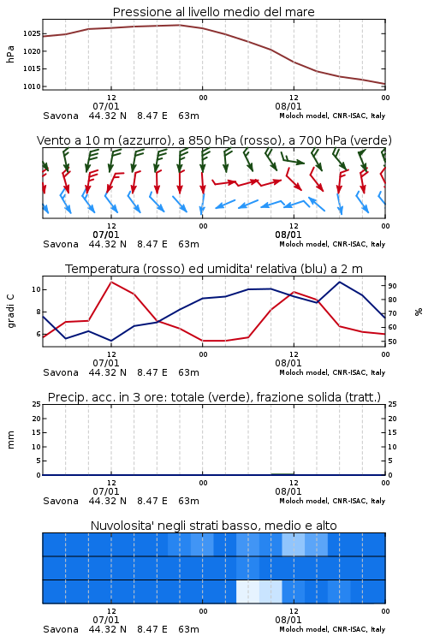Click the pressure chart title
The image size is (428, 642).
click(213, 12)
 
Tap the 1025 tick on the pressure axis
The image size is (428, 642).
click(32, 33)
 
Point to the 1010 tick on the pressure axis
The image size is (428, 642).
click(32, 86)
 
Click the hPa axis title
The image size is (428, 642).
click(10, 54)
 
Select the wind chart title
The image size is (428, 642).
click(214, 140)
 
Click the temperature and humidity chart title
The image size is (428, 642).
click(214, 269)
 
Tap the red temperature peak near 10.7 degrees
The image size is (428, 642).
click(111, 282)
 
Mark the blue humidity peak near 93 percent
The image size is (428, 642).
click(339, 282)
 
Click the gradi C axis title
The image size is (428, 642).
click(10, 312)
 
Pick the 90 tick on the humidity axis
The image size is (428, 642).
click(392, 286)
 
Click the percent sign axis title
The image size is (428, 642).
click(419, 312)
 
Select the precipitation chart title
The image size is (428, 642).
click(214, 397)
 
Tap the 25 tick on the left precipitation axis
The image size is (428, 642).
click(37, 404)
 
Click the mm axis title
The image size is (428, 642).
click(10, 440)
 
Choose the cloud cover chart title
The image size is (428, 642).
click(213, 526)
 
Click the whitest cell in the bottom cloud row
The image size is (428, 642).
click(247, 591)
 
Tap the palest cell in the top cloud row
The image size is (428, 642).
click(294, 544)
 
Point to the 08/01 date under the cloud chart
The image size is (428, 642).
click(288, 620)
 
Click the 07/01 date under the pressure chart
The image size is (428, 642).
click(106, 106)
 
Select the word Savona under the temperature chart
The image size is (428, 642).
click(61, 372)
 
